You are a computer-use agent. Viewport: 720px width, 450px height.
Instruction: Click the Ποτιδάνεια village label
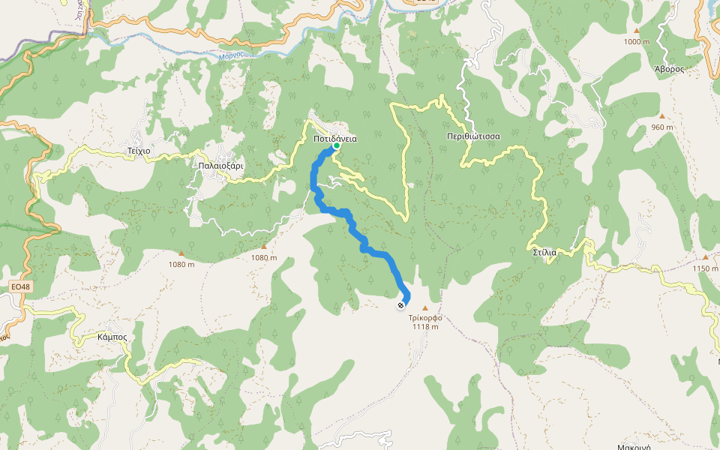click(335, 139)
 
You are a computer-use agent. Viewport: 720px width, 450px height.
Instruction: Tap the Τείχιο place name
click(139, 151)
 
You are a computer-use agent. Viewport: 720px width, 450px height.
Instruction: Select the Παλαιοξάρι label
click(220, 165)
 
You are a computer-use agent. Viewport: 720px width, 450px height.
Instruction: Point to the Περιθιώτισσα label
click(473, 136)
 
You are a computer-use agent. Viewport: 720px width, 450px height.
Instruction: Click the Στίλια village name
click(544, 252)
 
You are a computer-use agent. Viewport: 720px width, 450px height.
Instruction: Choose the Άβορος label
click(670, 67)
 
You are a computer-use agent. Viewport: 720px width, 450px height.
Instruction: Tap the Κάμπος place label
click(112, 337)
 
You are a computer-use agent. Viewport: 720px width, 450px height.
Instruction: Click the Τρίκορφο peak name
click(425, 317)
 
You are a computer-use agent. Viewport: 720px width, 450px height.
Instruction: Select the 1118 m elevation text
click(425, 327)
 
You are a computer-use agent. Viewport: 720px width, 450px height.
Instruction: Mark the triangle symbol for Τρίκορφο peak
click(426, 307)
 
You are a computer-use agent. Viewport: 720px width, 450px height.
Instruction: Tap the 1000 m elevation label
click(637, 42)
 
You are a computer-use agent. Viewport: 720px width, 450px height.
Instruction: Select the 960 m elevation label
click(662, 127)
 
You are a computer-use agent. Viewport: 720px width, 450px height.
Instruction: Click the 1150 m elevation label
click(705, 268)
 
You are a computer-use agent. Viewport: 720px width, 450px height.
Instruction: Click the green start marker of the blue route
click(337, 147)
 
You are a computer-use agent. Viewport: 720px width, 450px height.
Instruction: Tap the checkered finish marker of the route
click(401, 304)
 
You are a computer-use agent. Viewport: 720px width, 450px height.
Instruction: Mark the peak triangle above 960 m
click(661, 116)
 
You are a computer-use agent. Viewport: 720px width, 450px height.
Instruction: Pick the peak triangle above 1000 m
click(637, 31)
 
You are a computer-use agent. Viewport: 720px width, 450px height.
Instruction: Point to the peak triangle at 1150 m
click(705, 257)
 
